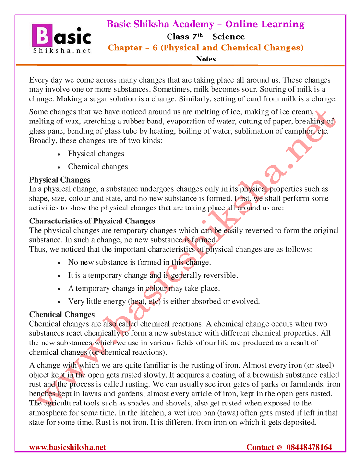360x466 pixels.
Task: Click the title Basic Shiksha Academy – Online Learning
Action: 205,24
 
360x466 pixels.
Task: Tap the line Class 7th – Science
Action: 205,37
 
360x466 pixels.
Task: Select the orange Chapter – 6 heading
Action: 205,48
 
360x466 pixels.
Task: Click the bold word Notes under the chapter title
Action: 206,59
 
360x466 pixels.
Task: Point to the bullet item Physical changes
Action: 96,154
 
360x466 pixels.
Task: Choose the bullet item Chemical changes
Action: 98,167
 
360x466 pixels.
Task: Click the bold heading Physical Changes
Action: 60,180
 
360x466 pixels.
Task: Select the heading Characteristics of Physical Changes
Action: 92,221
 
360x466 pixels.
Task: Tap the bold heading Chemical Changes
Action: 62,315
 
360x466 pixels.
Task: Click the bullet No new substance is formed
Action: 139,263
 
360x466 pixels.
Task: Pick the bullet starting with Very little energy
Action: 164,302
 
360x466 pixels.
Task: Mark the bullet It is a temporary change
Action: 153,276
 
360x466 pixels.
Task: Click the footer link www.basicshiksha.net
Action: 68,447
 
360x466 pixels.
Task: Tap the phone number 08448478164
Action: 309,447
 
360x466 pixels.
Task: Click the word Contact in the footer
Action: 261,447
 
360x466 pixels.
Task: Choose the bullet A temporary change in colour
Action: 144,289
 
